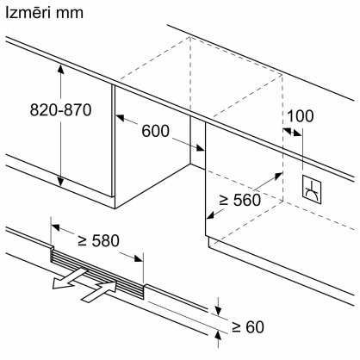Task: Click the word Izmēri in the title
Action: pyautogui.click(x=27, y=13)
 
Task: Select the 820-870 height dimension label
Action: pyautogui.click(x=60, y=109)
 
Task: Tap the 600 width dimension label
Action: pyautogui.click(x=155, y=131)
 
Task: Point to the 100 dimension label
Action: pyautogui.click(x=300, y=116)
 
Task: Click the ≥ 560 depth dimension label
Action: pyautogui.click(x=240, y=200)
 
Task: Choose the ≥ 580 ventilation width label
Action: pyautogui.click(x=98, y=240)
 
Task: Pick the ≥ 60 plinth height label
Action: pyautogui.click(x=248, y=326)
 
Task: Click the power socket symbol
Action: pyautogui.click(x=312, y=190)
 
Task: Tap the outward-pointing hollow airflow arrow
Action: pyautogui.click(x=70, y=277)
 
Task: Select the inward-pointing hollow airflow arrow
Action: pyautogui.click(x=100, y=291)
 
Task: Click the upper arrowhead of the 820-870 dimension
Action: pyautogui.click(x=60, y=68)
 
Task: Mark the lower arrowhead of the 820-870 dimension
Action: pyautogui.click(x=60, y=182)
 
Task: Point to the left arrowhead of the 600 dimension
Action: pyautogui.click(x=121, y=117)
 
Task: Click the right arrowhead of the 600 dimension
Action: pyautogui.click(x=200, y=147)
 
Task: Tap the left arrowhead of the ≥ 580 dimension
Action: pyautogui.click(x=56, y=227)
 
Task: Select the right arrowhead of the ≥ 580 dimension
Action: pyautogui.click(x=138, y=258)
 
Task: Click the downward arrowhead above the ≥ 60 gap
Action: pyautogui.click(x=218, y=311)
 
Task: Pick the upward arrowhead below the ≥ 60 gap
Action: pyautogui.click(x=218, y=335)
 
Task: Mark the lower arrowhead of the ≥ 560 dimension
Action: pyautogui.click(x=211, y=215)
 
